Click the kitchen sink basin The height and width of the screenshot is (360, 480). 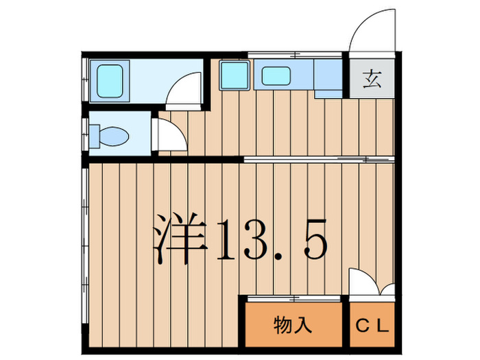click(x=276, y=77)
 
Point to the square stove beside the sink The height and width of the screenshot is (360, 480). click(x=234, y=76)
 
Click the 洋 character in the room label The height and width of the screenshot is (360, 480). click(x=180, y=237)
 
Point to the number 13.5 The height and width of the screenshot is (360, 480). click(x=270, y=238)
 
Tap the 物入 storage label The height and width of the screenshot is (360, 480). click(x=293, y=324)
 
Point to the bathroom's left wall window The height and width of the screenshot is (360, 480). click(x=84, y=81)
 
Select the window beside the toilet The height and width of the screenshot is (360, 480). click(x=84, y=134)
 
